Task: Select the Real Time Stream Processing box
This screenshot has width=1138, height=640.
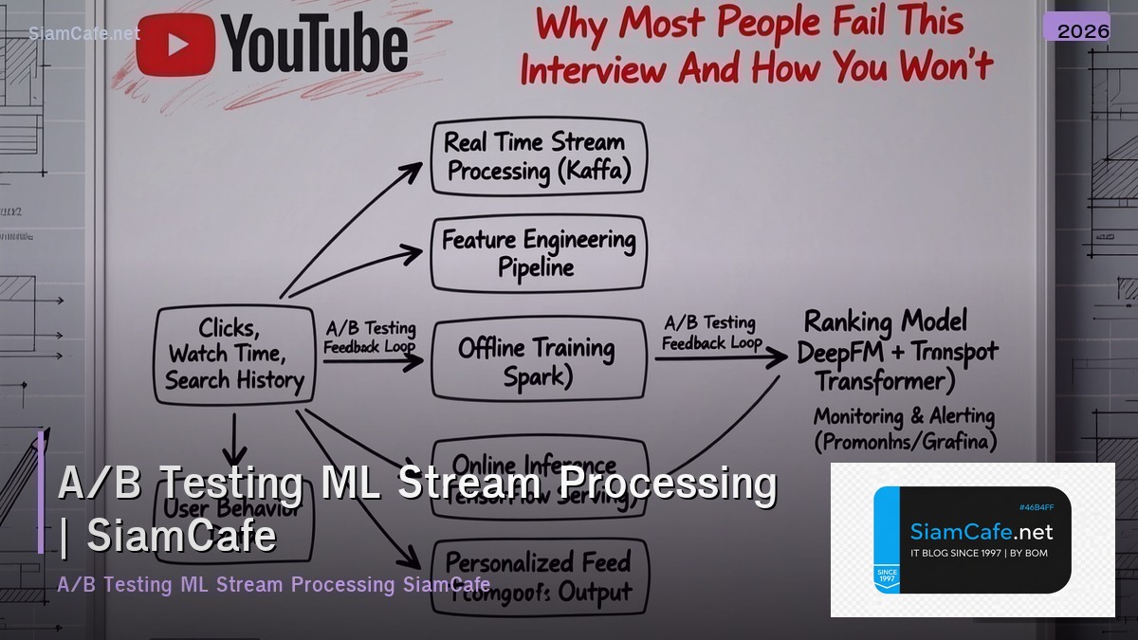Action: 537,157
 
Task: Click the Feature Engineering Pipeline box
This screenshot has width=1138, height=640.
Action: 538,253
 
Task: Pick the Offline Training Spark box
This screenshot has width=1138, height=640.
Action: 537,361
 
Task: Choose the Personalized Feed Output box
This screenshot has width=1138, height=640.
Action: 539,576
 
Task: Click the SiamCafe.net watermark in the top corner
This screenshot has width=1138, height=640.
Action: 84,33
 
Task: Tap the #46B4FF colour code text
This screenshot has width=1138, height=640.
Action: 1035,507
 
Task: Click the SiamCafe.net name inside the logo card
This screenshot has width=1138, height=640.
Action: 981,532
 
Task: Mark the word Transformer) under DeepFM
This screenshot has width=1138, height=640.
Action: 885,381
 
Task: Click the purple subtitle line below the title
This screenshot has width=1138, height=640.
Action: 273,584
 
